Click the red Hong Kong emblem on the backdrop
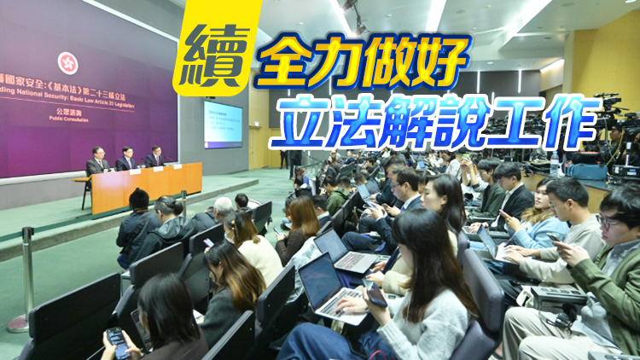[x=67, y=62]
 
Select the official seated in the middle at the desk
[x=126, y=159]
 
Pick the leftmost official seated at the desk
[x=99, y=160]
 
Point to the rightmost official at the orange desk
[x=154, y=157]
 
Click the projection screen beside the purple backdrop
[x=223, y=125]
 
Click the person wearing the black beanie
[x=138, y=219]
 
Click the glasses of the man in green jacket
[x=607, y=219]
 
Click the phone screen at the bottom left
[x=118, y=343]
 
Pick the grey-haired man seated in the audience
[x=223, y=208]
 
